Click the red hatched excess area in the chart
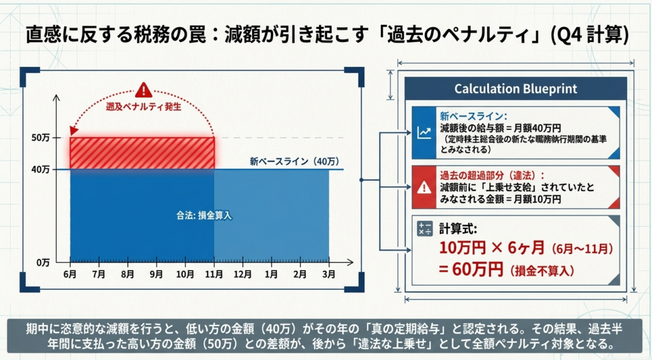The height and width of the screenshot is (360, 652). point(142,153)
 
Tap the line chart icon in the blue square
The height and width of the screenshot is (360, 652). point(422,133)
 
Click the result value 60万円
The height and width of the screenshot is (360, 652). point(472,270)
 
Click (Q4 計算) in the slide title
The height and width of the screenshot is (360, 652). point(588,34)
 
